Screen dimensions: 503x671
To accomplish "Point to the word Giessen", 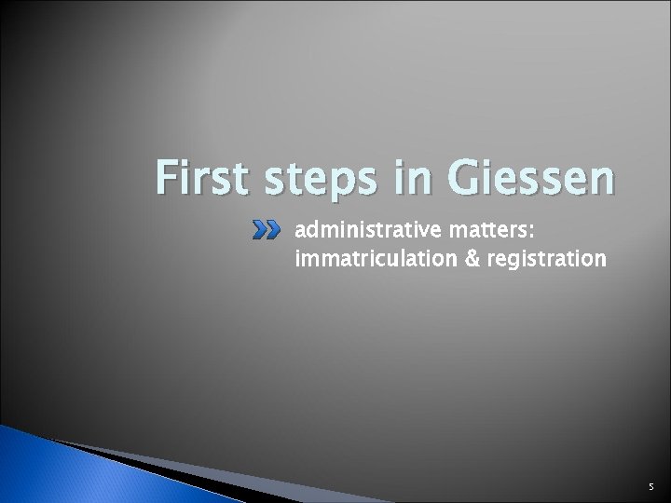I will click(527, 180).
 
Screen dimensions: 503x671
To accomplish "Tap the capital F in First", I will click(168, 180).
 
